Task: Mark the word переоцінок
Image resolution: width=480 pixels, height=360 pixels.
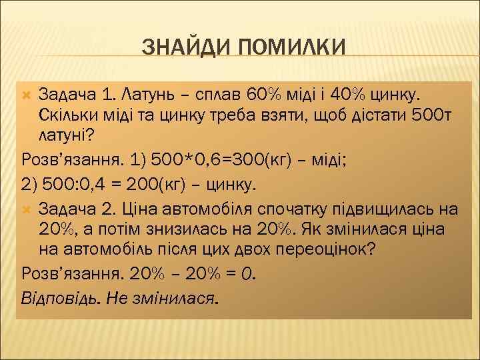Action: tap(320, 250)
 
